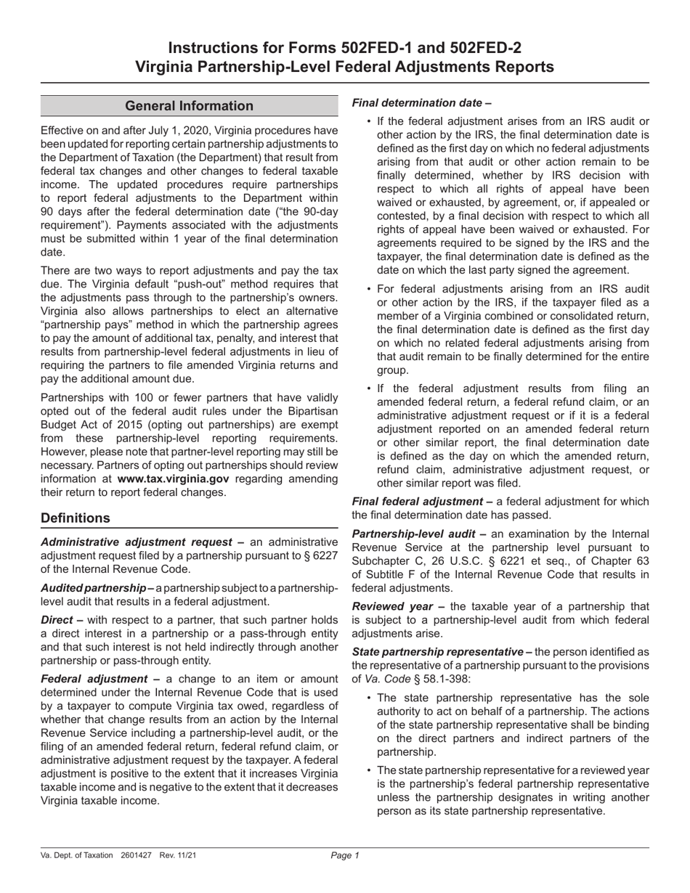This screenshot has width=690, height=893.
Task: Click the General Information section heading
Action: (x=189, y=106)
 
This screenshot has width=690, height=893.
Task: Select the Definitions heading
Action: (x=76, y=518)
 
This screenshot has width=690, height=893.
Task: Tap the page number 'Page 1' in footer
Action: (x=345, y=856)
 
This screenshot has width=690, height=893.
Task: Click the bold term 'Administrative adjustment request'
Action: (x=138, y=542)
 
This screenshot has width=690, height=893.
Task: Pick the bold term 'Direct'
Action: (x=57, y=619)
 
